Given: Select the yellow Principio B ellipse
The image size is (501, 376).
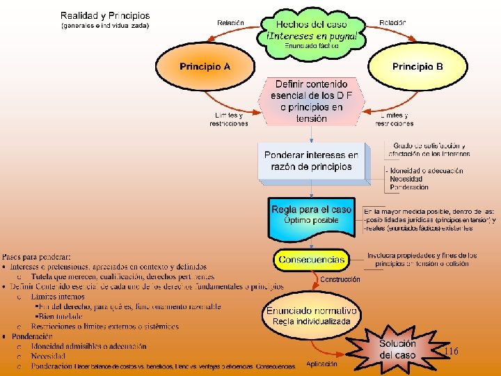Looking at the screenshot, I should (417, 67).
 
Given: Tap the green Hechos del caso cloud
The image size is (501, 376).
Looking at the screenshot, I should (312, 31).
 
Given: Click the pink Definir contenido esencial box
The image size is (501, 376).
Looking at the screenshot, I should (311, 101).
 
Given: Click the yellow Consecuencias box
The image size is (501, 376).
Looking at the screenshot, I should (310, 260).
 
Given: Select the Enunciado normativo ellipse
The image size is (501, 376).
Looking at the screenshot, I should (311, 315).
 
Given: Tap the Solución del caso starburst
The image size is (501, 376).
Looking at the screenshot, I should (397, 350).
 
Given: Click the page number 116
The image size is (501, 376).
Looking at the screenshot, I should (451, 352).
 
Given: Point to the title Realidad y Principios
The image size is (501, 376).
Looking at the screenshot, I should (104, 15).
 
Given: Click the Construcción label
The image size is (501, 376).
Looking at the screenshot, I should (340, 279).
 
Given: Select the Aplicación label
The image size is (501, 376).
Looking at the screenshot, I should (321, 363).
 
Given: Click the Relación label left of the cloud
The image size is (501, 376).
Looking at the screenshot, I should (230, 22).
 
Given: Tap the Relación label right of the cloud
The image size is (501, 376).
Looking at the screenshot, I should (392, 22).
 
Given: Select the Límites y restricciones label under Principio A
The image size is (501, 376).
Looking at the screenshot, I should (229, 119).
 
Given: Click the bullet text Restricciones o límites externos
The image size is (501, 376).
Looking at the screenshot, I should (104, 327).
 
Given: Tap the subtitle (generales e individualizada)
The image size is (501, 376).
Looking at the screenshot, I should (105, 26).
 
